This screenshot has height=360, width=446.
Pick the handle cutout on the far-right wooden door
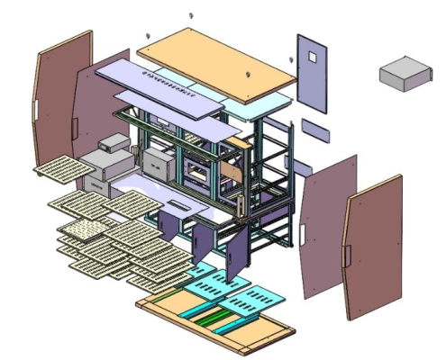tap(347, 255)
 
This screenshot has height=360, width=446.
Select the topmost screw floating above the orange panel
tap(190, 15)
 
